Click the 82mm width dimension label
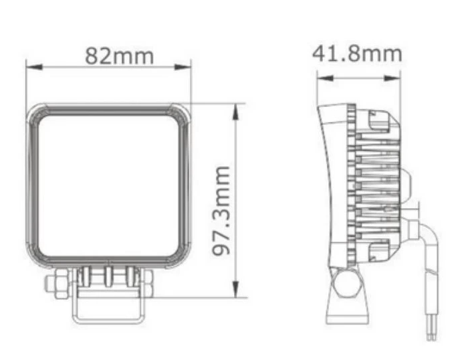click(119, 56)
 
